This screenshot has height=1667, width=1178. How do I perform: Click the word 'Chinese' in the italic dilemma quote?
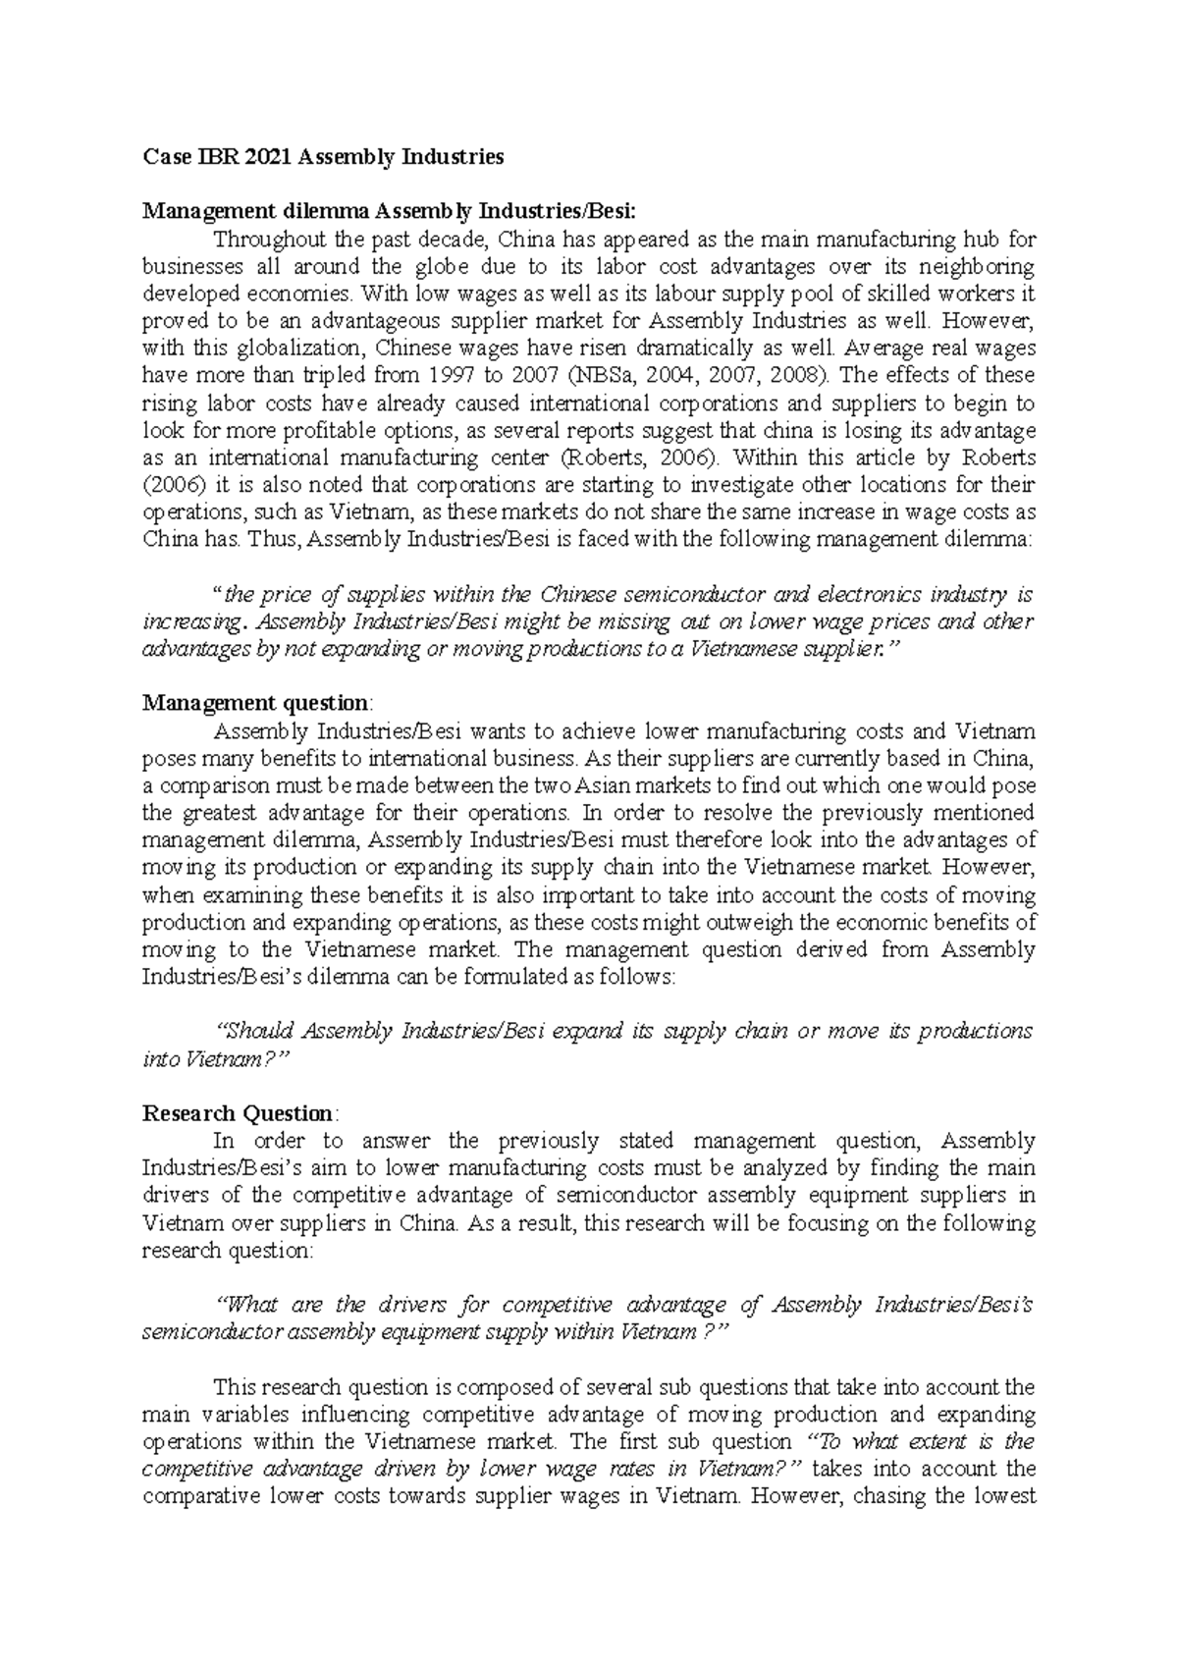coord(576,594)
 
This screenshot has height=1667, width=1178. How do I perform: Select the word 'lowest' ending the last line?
coord(1004,1497)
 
